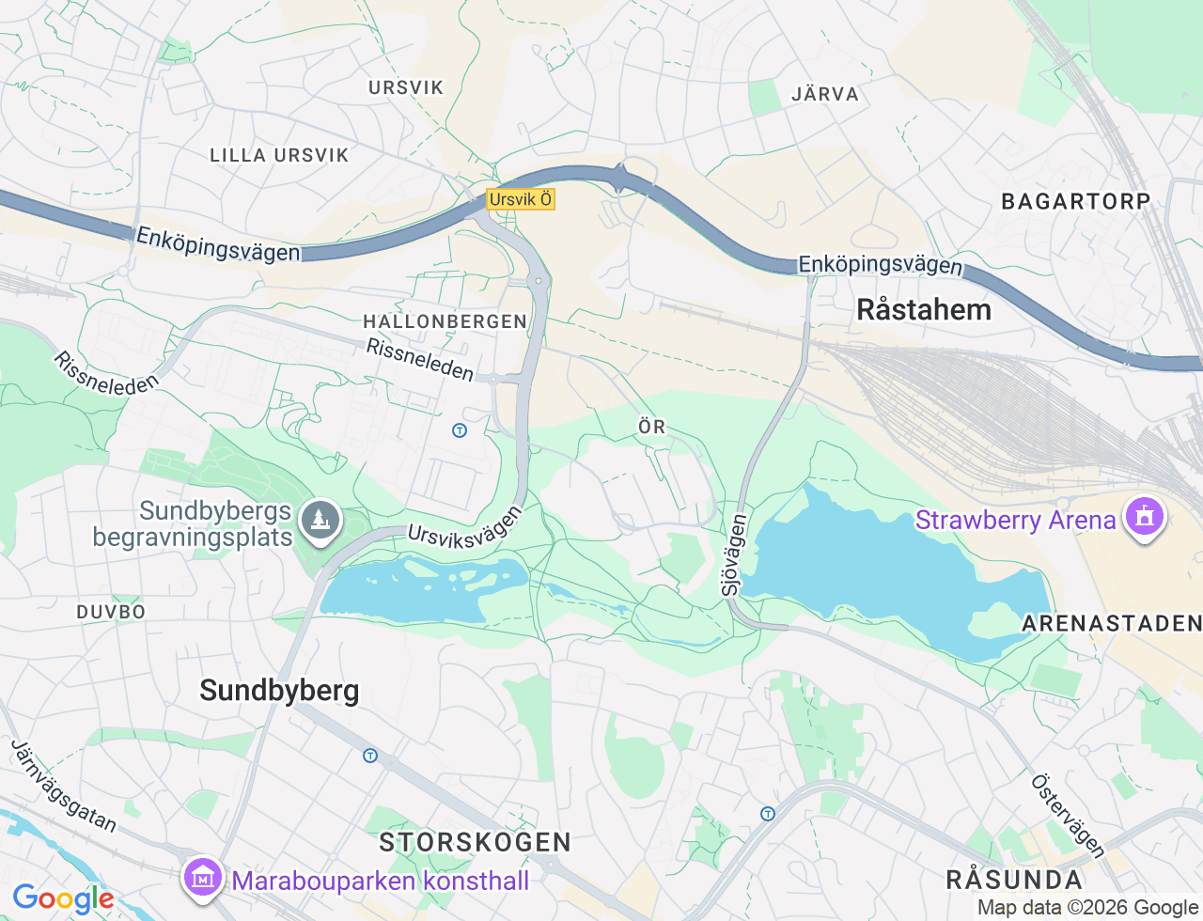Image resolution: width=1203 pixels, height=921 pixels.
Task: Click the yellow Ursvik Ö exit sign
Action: tap(521, 199)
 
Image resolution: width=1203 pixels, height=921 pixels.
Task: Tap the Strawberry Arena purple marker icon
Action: tap(1144, 516)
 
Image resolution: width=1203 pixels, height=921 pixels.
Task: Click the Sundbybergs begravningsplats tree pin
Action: tap(320, 519)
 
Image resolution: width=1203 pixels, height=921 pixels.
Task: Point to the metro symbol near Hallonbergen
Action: tap(460, 430)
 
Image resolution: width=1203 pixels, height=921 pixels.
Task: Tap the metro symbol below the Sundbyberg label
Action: tap(370, 756)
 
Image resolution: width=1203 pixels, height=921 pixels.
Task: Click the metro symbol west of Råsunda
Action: tap(768, 814)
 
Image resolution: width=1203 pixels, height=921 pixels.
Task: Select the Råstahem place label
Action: tap(923, 310)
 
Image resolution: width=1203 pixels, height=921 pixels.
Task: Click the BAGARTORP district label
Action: tap(1075, 201)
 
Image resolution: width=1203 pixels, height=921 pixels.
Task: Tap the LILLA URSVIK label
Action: tap(279, 155)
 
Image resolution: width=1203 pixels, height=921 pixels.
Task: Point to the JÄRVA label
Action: tap(825, 94)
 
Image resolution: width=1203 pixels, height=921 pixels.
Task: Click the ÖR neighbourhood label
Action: tap(651, 428)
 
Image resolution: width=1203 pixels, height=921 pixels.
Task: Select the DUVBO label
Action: tap(111, 612)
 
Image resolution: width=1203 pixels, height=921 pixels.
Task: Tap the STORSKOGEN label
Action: tap(475, 842)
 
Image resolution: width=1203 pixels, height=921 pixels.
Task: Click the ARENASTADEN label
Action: tap(1111, 623)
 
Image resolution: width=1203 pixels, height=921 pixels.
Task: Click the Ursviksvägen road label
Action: tap(464, 539)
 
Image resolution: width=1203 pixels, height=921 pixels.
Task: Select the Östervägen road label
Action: tap(1069, 815)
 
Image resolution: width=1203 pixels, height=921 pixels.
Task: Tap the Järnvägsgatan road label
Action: tap(64, 787)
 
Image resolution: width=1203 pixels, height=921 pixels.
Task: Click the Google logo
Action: tap(62, 899)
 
